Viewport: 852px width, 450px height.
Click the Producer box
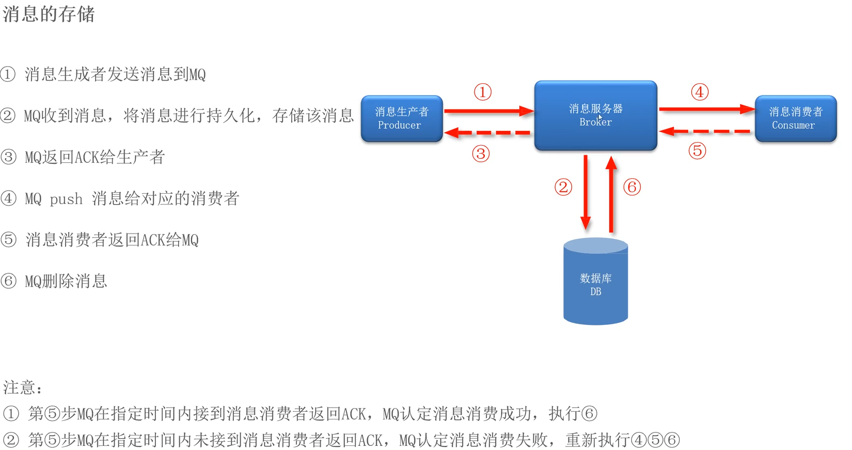401,118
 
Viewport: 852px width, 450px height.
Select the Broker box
595,115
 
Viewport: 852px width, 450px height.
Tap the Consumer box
795,118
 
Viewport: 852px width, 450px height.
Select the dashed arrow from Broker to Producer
488,133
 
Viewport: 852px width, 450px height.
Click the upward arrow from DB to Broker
611,194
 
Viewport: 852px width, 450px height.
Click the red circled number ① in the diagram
483,92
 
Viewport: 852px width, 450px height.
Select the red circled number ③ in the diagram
481,153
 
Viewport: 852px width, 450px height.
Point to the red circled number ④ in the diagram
700,92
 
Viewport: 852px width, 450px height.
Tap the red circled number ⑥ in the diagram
632,187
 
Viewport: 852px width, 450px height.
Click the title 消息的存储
49,14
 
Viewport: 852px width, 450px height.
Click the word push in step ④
66,199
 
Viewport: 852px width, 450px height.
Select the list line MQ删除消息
66,281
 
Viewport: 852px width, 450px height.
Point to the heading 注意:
23,387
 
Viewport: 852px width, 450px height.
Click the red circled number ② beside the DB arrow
563,187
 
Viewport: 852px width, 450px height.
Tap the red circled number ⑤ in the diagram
697,151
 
